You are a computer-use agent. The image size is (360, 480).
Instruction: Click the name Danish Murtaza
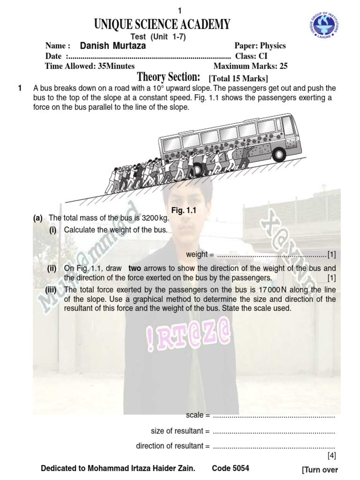point(113,46)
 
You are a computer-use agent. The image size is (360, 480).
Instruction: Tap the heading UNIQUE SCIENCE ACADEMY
point(163,24)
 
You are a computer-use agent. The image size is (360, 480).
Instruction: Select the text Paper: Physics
point(260,46)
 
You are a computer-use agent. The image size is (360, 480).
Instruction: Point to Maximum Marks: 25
point(250,66)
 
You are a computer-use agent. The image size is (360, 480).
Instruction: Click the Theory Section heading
point(168,77)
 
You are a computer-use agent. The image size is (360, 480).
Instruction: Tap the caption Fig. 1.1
point(183,211)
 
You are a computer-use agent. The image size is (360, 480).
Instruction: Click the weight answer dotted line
point(272,255)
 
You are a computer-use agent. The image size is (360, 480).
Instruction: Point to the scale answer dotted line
point(274,415)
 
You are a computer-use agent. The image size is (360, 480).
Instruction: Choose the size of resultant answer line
point(274,431)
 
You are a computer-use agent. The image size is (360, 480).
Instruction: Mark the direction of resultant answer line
point(274,446)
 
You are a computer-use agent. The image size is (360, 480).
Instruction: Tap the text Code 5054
point(231,468)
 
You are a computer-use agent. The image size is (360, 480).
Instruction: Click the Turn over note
point(320,470)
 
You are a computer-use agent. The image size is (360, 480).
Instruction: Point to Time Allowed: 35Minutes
point(90,66)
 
